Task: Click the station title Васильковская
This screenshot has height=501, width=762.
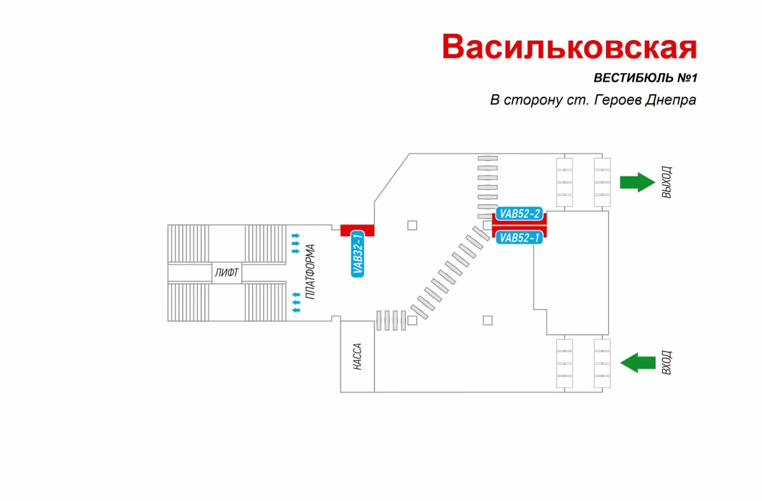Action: (570, 47)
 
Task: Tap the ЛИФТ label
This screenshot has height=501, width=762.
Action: (227, 274)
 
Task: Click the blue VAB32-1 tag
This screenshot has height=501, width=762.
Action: (358, 253)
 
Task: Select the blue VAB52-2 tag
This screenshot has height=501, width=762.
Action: (519, 214)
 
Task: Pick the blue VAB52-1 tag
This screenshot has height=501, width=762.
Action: (519, 238)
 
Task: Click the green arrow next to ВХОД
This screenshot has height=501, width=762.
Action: (638, 363)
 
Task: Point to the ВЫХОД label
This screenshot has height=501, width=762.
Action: (667, 183)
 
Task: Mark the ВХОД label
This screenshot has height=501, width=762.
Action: (667, 363)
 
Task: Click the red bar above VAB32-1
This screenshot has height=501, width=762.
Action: (356, 230)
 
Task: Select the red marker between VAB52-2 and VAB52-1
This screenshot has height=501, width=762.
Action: (519, 226)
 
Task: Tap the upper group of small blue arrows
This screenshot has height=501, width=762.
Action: (295, 243)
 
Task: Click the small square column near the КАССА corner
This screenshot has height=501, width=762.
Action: (412, 320)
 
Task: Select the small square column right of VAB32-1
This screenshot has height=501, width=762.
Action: (412, 225)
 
